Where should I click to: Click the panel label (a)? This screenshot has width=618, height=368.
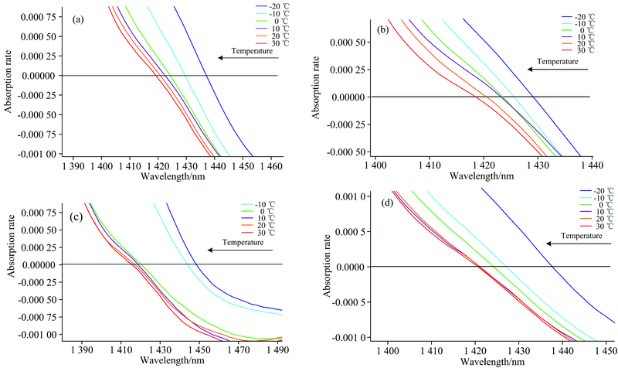tap(77, 19)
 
